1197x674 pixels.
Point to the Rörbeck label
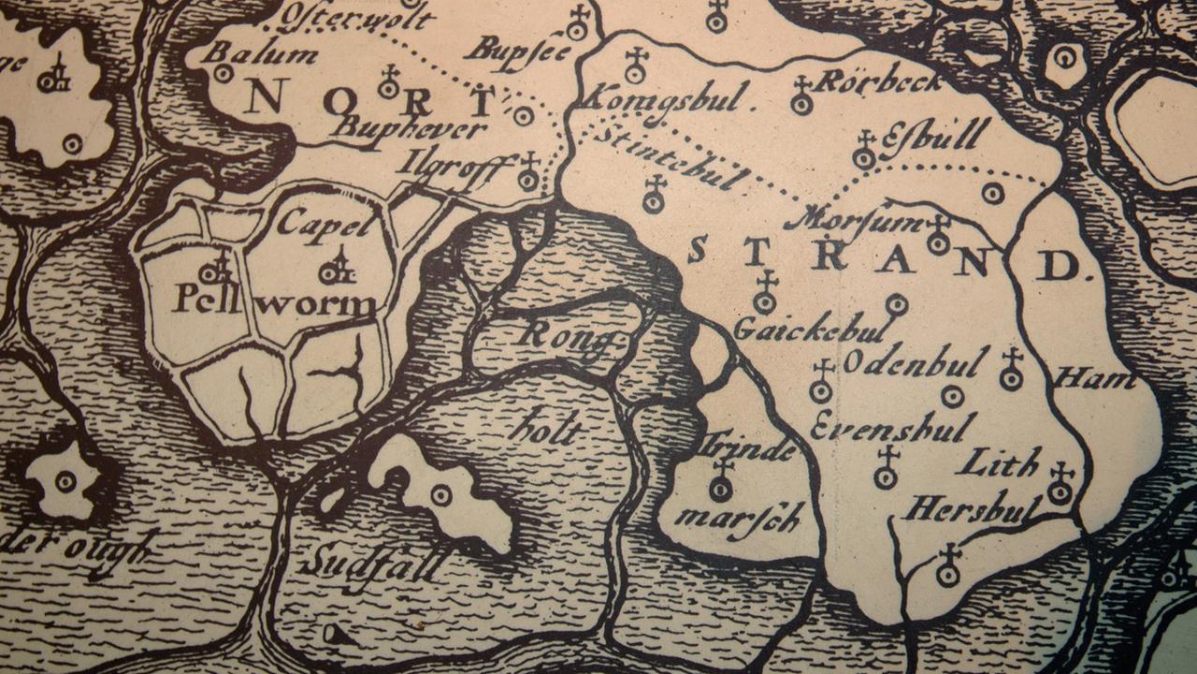tap(879, 82)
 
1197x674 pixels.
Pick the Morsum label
tap(854, 219)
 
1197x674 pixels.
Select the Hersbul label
tap(972, 509)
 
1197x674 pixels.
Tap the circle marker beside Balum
tap(224, 73)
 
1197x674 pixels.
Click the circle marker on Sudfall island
tap(440, 494)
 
